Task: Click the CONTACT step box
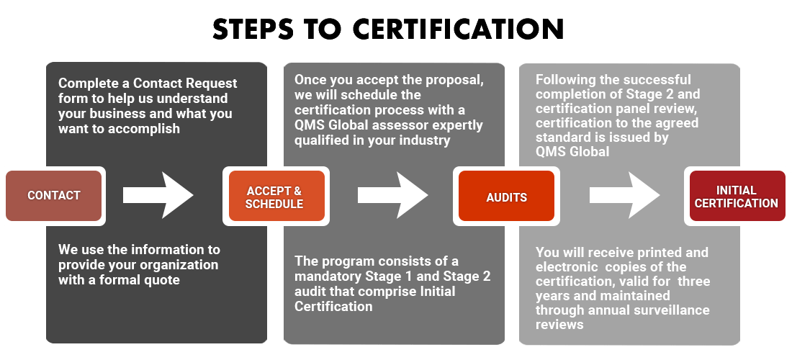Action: (x=54, y=195)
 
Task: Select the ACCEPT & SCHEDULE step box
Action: (x=274, y=197)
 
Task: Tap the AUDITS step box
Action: (x=507, y=197)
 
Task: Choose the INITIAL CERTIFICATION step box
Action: (x=737, y=197)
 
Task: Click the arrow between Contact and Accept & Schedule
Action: (x=158, y=195)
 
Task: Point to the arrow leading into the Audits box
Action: (x=392, y=195)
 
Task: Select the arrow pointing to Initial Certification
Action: (x=624, y=195)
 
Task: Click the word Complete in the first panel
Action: (x=86, y=84)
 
